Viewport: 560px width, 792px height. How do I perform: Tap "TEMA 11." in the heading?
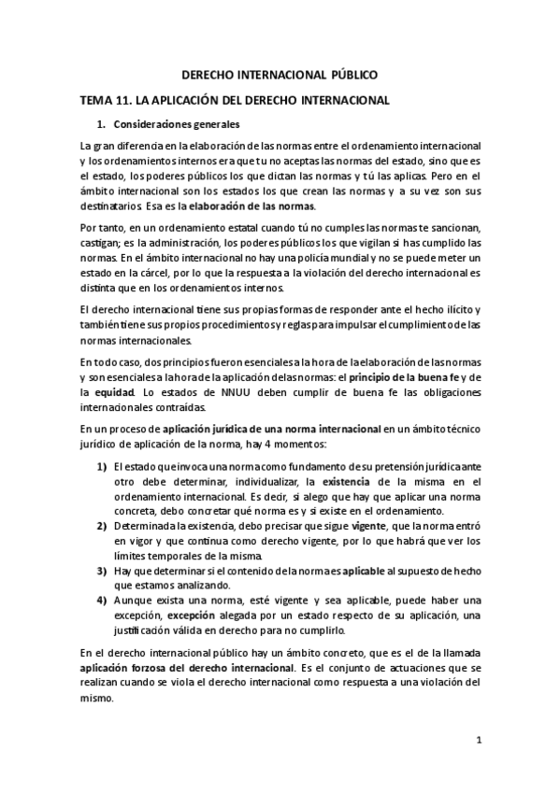106,99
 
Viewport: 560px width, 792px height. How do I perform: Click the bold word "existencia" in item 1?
349,481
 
